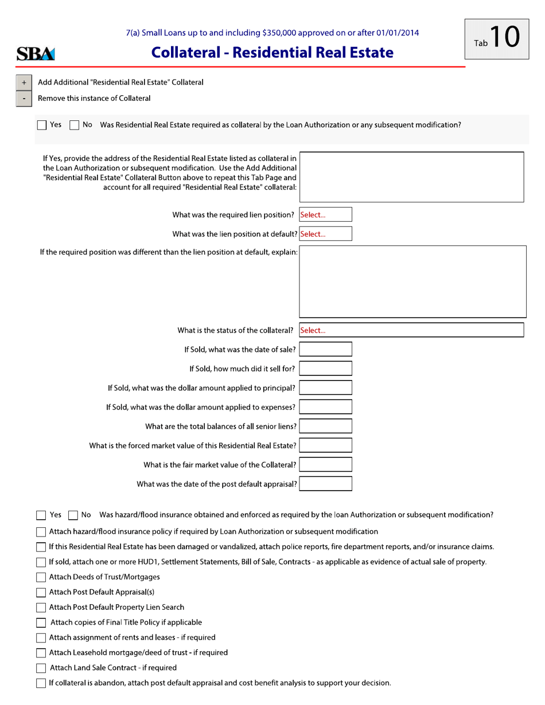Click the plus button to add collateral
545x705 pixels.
point(24,83)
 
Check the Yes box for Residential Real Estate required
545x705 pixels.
point(42,124)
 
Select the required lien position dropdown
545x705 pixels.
point(325,215)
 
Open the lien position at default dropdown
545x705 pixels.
point(325,234)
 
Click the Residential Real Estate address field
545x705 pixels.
point(411,177)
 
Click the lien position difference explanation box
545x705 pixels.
point(412,281)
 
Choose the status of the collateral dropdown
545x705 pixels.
point(411,330)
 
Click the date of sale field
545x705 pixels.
point(325,349)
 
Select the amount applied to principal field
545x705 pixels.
point(325,388)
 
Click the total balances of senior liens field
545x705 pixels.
point(325,426)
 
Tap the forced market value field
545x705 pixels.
point(325,445)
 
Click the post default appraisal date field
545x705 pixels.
point(325,484)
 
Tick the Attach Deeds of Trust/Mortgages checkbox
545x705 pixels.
point(42,577)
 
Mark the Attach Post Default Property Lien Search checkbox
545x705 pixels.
point(42,607)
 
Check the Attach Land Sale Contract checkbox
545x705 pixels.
point(42,668)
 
